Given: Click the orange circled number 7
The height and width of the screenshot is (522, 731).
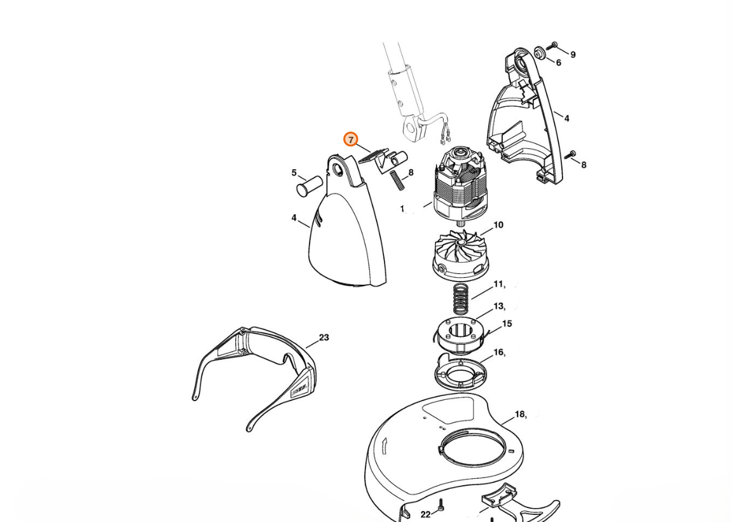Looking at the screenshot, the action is [x=351, y=139].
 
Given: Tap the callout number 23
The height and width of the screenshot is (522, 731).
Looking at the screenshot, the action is [x=324, y=337].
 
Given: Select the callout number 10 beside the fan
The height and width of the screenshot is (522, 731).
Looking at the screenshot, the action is [x=498, y=225].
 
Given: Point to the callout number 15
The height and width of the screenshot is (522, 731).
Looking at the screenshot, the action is [x=507, y=323].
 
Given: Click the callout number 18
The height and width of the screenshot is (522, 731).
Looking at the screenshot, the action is [x=520, y=414].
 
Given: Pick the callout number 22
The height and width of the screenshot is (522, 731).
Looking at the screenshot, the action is [x=425, y=514].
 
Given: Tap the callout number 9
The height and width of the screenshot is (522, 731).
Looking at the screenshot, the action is [x=573, y=55].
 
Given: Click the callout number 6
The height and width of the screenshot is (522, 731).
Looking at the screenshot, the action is [x=558, y=62].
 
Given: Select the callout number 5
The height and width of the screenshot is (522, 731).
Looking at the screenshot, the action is [x=294, y=173].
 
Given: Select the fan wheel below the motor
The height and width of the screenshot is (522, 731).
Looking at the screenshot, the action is [x=461, y=256].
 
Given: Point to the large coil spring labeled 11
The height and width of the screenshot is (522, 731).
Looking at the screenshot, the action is [x=461, y=299].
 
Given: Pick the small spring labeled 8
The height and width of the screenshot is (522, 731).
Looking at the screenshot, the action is [x=398, y=180].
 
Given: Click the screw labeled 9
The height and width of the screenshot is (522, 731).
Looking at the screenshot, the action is [x=554, y=45].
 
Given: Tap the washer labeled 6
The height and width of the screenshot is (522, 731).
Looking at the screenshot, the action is [x=540, y=53].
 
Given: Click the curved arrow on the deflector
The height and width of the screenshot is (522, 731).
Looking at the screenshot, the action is [x=385, y=446].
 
